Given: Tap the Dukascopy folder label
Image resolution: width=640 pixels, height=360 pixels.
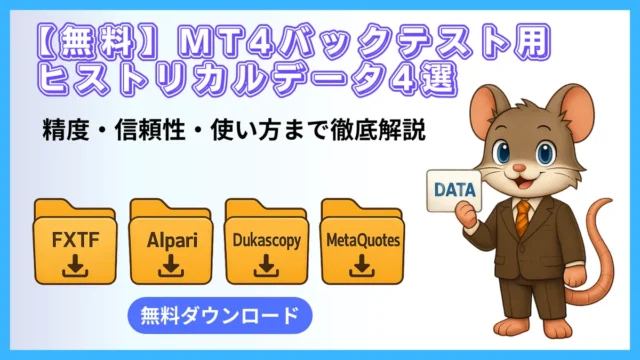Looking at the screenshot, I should (265, 241).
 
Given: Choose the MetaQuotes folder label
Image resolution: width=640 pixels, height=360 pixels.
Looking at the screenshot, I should (360, 241).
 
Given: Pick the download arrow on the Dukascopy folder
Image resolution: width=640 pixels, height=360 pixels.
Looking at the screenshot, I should (265, 266).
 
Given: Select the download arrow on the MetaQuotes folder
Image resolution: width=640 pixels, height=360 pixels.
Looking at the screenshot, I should (360, 266).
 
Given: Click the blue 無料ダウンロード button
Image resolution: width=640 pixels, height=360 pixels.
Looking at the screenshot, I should (220, 317).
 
